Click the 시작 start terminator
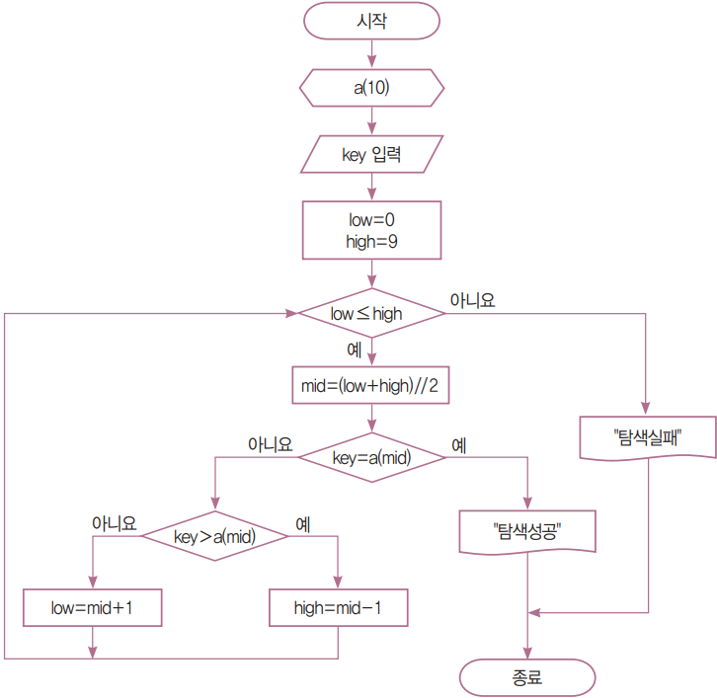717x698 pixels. pyautogui.click(x=371, y=21)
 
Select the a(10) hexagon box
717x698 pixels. pyautogui.click(x=371, y=87)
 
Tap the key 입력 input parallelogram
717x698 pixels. pyautogui.click(x=371, y=154)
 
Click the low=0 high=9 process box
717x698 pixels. pyautogui.click(x=371, y=229)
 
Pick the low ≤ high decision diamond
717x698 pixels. pyautogui.click(x=371, y=313)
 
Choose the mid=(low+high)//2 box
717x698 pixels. pyautogui.click(x=371, y=387)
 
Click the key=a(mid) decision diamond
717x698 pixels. pyautogui.click(x=371, y=457)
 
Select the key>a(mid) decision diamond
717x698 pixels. pyautogui.click(x=214, y=536)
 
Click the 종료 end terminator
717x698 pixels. pyautogui.click(x=527, y=678)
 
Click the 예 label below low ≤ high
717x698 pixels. pyautogui.click(x=353, y=349)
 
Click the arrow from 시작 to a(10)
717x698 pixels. pyautogui.click(x=371, y=53)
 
